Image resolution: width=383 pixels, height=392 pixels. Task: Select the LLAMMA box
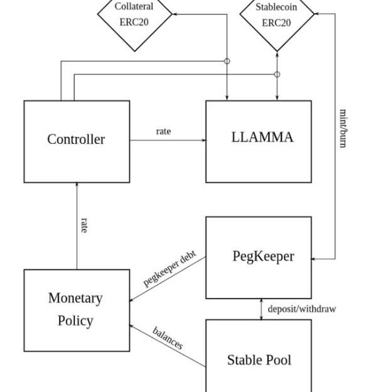(x=258, y=141)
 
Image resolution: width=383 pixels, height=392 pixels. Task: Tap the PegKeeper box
(x=258, y=258)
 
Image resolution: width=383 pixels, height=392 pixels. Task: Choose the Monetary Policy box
(x=77, y=310)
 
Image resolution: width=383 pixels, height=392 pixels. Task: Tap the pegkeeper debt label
(x=170, y=269)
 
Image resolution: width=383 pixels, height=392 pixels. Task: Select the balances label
(x=168, y=339)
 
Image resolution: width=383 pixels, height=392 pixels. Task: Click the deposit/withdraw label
(x=301, y=309)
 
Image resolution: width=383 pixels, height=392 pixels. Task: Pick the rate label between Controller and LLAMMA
(x=163, y=131)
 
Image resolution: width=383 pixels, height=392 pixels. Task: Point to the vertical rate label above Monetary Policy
(x=84, y=226)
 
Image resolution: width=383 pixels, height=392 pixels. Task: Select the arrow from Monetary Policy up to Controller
(x=77, y=226)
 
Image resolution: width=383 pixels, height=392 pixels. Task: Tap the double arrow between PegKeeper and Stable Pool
(x=262, y=309)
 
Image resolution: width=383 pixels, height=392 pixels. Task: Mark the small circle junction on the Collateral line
(x=227, y=61)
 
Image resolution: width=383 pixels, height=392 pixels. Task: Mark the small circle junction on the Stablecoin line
(x=277, y=74)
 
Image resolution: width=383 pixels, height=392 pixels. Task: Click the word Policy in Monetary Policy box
(x=75, y=321)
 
